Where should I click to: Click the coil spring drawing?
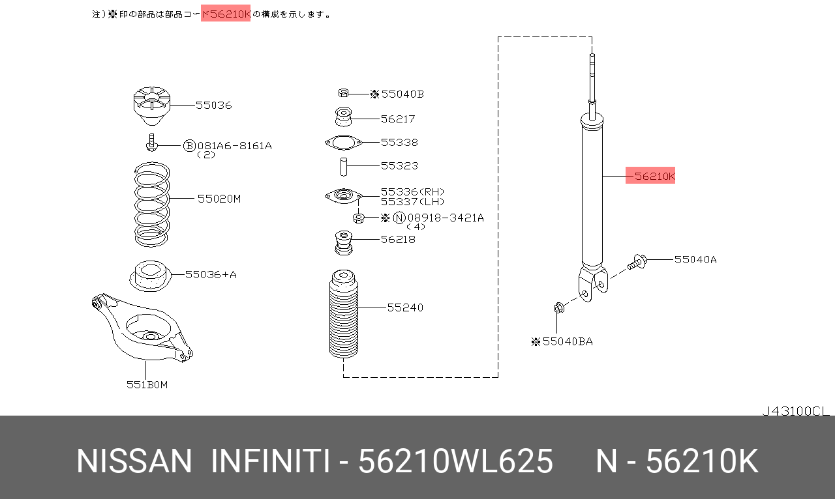151,206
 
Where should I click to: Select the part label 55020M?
219,199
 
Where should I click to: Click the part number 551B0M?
147,385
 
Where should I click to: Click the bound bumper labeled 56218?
343,242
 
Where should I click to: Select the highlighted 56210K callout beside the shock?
650,176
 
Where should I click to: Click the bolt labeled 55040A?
637,263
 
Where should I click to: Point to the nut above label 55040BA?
558,307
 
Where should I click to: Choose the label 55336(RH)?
412,192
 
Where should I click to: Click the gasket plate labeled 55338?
343,142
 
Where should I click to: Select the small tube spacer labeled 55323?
343,166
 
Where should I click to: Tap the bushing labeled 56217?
343,118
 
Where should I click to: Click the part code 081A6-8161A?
235,146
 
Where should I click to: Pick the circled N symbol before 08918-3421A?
399,218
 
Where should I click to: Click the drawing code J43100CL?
795,411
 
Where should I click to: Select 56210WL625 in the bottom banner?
456,461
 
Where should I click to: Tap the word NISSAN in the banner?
134,461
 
